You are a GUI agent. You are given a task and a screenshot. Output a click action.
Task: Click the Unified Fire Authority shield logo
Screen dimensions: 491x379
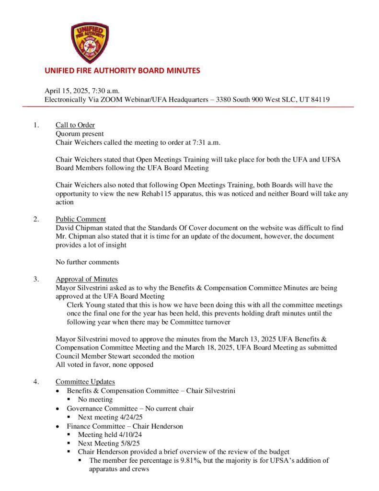pos(90,43)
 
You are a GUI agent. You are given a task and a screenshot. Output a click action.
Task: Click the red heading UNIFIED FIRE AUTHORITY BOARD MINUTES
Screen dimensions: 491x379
pos(122,70)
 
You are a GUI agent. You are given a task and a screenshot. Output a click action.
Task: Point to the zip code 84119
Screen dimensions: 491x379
pos(320,99)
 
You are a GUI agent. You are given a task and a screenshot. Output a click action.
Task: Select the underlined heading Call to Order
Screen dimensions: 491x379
pos(75,126)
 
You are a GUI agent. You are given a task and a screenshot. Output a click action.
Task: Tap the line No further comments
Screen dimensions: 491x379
pos(87,262)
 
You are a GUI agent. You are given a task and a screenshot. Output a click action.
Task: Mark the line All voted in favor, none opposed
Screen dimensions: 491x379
pos(104,364)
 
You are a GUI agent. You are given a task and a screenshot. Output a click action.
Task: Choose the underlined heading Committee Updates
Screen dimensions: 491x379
pos(85,382)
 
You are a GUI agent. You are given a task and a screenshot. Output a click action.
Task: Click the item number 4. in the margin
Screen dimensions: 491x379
pos(36,382)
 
